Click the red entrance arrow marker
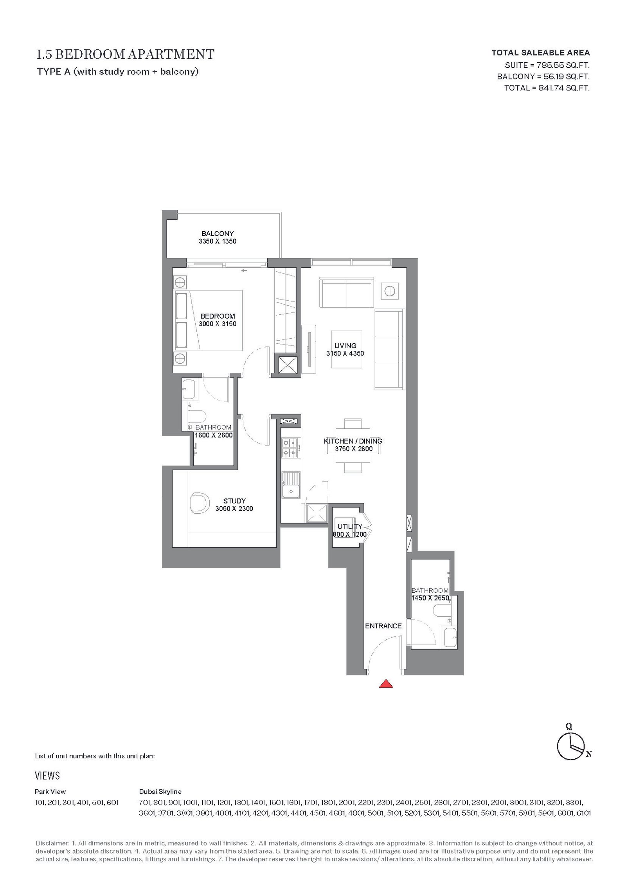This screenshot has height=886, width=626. coord(386,684)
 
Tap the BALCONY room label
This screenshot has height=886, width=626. coord(218,234)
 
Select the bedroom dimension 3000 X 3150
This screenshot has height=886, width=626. coord(218,324)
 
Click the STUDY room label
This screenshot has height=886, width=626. coord(234,501)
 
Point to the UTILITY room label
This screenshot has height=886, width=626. coord(350,526)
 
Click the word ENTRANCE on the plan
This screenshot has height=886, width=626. coord(383,626)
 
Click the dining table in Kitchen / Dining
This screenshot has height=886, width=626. coord(353,446)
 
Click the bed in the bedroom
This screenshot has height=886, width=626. coord(208,320)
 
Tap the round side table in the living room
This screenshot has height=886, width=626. coord(390,291)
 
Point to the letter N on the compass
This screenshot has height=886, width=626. coord(589,754)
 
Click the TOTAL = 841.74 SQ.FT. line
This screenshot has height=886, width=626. coord(547,88)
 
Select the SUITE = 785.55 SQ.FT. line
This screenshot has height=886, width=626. coord(547,65)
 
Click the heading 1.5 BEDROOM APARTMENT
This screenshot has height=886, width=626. coord(125,54)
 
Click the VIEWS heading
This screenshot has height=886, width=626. coord(47,776)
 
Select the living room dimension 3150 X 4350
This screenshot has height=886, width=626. coord(345,353)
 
